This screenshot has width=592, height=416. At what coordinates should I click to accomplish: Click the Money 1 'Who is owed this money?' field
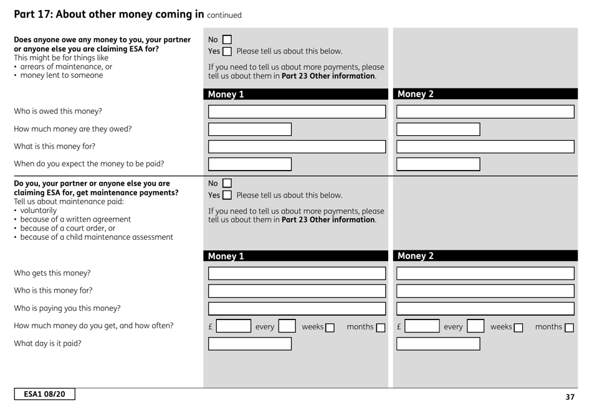click(x=297, y=112)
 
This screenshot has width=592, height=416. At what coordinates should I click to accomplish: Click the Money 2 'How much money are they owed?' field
click(x=438, y=130)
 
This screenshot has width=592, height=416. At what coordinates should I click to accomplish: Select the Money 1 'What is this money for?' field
click(x=297, y=147)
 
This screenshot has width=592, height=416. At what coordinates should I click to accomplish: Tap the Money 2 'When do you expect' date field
click(x=438, y=164)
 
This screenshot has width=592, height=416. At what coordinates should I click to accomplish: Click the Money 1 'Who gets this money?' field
click(x=297, y=273)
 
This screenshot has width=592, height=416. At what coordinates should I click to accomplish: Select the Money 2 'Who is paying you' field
click(x=485, y=308)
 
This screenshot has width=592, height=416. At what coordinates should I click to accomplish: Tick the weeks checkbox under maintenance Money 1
click(x=328, y=327)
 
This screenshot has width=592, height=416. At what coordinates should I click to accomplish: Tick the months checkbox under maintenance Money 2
click(x=568, y=327)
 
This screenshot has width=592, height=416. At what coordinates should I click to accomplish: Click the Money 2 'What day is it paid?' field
click(x=438, y=344)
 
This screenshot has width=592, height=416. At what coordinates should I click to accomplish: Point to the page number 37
click(x=570, y=397)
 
